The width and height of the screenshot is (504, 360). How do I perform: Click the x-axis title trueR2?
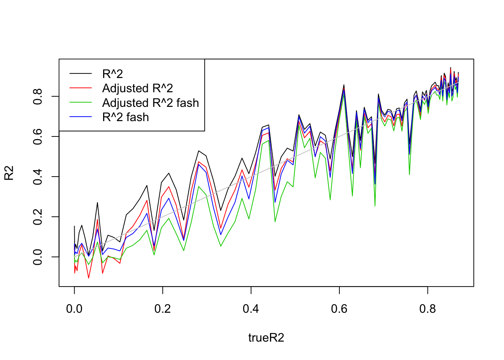(266, 338)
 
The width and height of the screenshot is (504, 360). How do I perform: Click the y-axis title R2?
(9, 173)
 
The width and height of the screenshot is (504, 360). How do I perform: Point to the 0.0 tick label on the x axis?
(74, 309)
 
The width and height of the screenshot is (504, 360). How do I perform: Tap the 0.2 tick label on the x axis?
(162, 309)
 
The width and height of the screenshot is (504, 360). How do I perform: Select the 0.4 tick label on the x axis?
(251, 309)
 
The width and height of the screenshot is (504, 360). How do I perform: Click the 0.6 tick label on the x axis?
(339, 309)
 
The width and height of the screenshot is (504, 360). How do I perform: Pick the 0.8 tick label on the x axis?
(427, 309)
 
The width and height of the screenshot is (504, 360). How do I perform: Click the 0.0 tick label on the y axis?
(38, 257)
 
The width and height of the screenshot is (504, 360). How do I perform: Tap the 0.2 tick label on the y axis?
(38, 217)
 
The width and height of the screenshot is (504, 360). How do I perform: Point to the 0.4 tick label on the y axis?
(38, 177)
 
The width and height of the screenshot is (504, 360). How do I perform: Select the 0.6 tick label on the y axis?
(38, 136)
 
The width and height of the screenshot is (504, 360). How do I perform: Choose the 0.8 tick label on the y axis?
(38, 96)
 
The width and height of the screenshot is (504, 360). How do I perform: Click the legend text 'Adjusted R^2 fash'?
(150, 103)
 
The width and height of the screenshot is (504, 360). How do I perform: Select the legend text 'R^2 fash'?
(126, 117)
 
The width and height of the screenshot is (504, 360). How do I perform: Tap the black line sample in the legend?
(81, 74)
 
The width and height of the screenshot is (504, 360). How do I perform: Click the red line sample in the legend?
(81, 88)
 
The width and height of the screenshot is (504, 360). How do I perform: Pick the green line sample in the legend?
(81, 103)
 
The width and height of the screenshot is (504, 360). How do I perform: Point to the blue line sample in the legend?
(81, 117)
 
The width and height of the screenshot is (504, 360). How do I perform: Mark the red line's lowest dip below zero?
(88, 278)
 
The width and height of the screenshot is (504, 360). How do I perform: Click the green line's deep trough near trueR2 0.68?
(375, 205)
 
